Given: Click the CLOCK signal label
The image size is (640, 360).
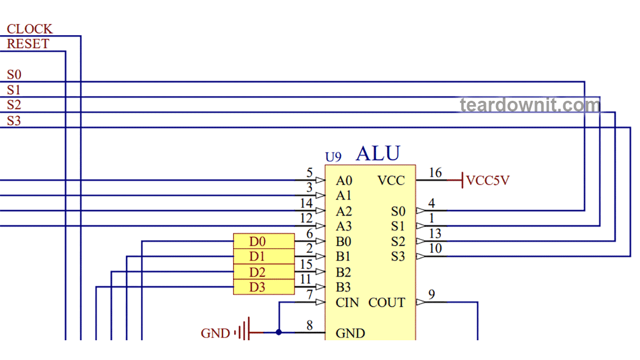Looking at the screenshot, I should pos(29,29).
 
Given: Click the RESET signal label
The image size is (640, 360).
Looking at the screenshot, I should pos(28,44).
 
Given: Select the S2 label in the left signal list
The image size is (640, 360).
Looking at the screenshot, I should pos(14,105).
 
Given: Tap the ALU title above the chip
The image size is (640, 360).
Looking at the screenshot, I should pos(378,154).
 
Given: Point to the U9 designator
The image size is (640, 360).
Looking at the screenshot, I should pos(333,157).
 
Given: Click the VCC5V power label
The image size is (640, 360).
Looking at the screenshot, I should pos(488,180).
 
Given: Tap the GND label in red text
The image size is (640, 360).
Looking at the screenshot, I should pos(215,334).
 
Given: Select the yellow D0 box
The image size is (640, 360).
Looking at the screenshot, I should pos(263,242).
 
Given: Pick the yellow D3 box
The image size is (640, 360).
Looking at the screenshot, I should pos(263,287).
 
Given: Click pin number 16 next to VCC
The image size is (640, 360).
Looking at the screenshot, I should pos(435,173).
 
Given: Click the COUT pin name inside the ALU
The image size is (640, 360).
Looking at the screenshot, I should pos(387,303).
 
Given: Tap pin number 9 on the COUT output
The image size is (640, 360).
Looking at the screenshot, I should pos(431,294).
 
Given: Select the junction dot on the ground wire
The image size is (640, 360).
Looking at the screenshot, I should pos(279,332).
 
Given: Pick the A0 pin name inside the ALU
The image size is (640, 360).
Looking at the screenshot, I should pos(344,181).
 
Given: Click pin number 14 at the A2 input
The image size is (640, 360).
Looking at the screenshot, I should pos(306,203).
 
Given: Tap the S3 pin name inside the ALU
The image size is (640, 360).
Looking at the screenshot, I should pos(398,257).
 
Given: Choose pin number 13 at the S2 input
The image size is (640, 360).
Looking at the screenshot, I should pos(435,234).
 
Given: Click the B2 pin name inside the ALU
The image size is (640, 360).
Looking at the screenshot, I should pos(343,273).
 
